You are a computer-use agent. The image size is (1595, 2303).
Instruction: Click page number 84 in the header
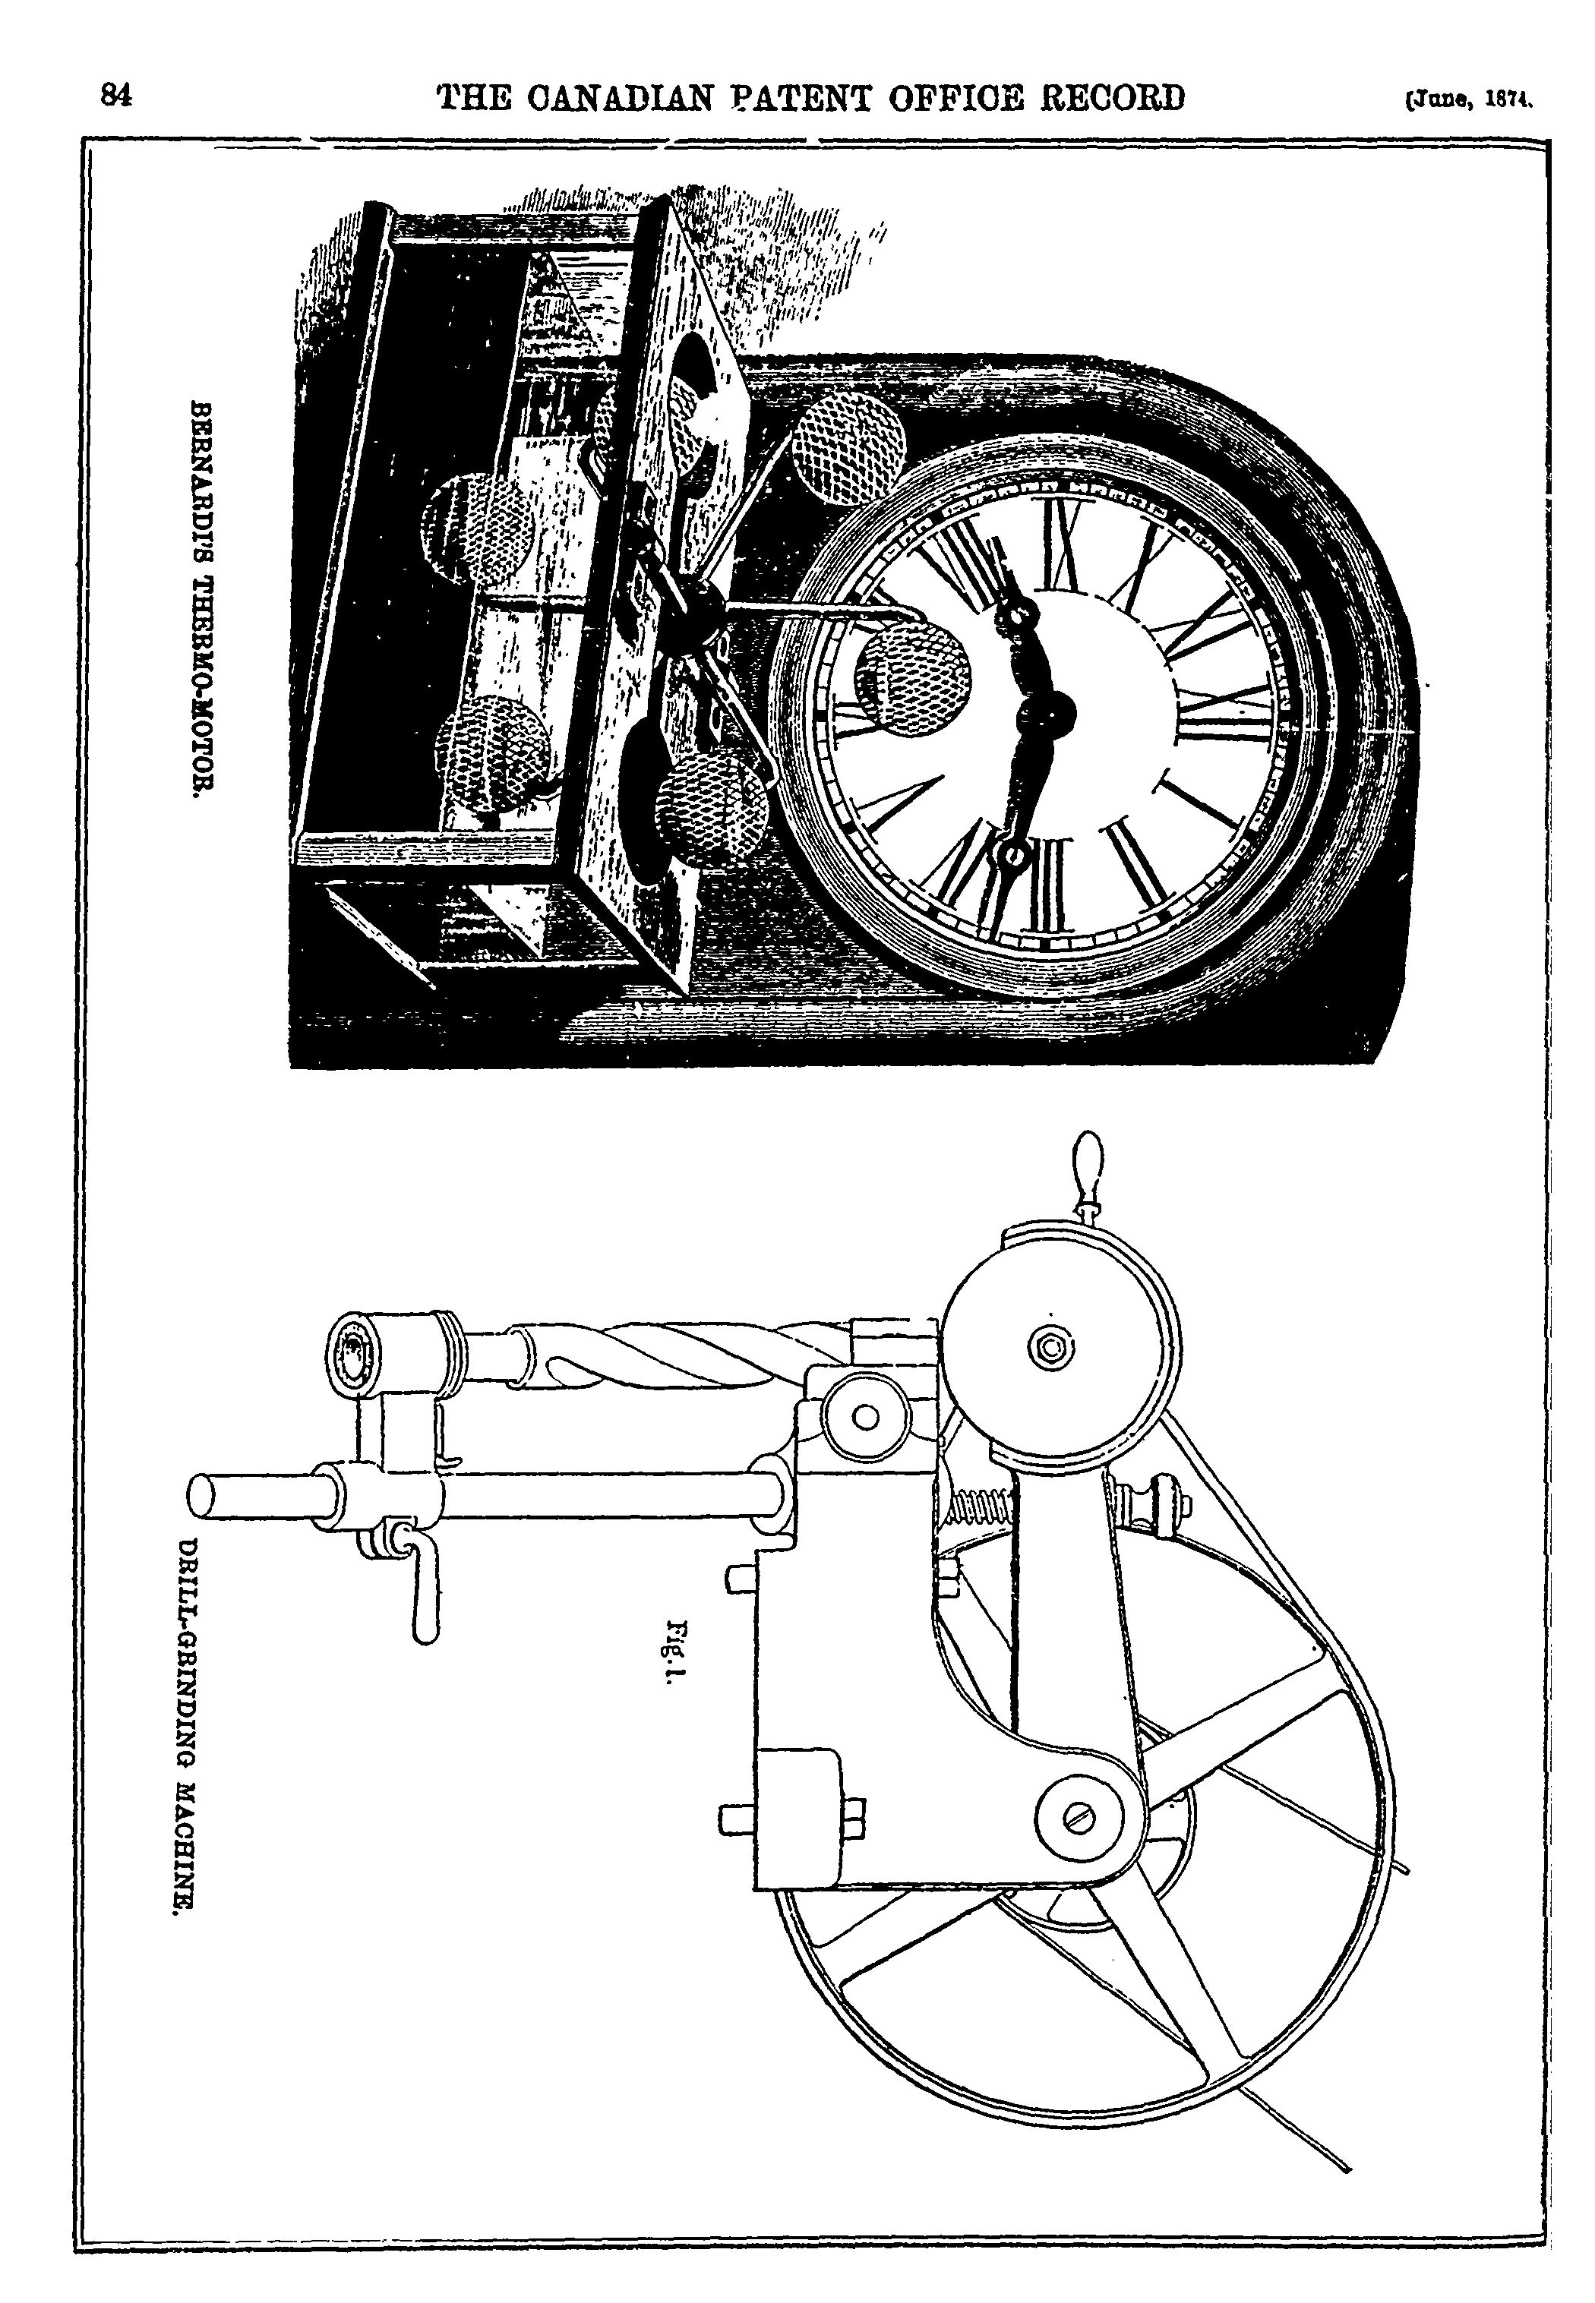click(x=116, y=95)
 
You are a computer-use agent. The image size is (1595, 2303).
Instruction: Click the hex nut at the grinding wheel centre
click(x=1051, y=1348)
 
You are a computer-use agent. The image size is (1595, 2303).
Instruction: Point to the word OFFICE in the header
click(x=905, y=98)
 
